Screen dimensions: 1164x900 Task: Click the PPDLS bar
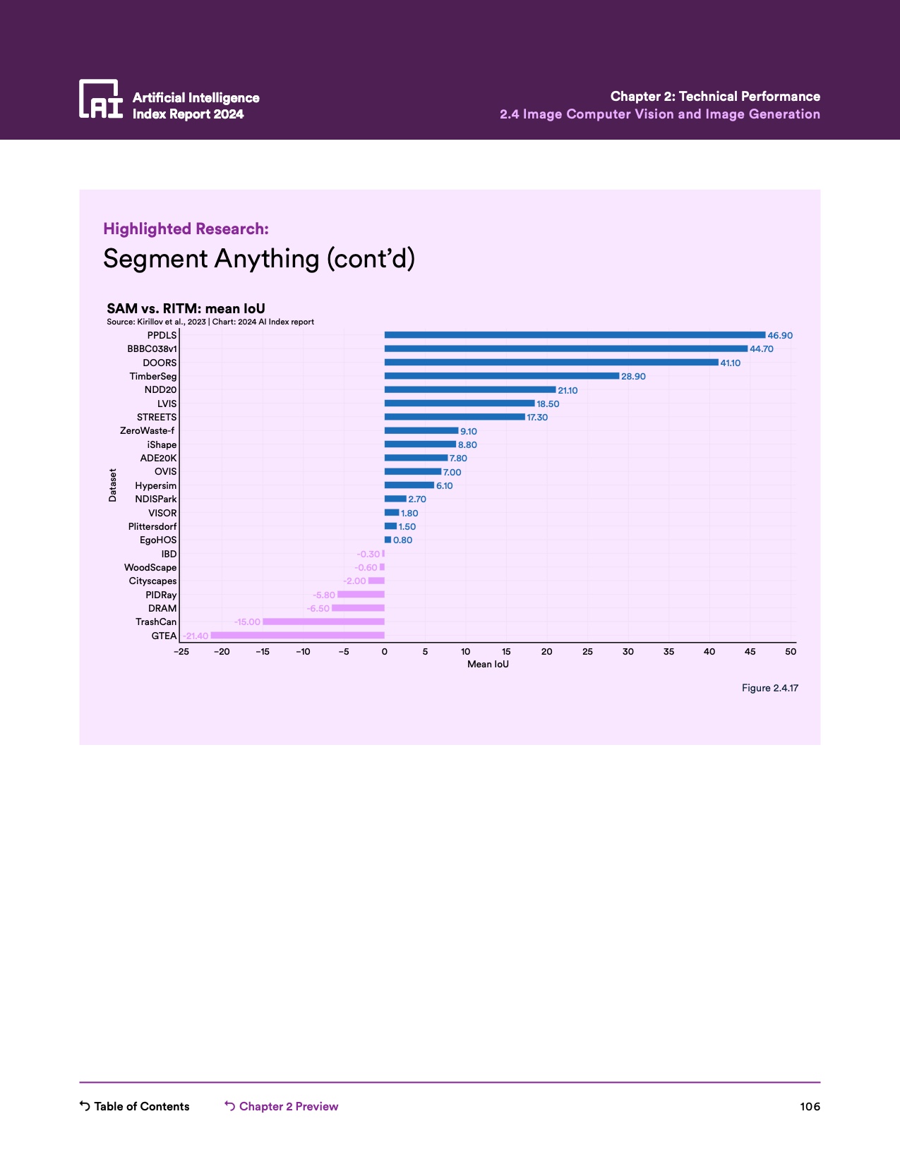[575, 335]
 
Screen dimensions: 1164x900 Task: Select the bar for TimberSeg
[501, 376]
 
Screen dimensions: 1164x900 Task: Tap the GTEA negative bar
[297, 636]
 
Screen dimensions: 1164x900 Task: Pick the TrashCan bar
[323, 622]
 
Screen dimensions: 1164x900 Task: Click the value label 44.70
[762, 349]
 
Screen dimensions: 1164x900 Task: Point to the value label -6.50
[318, 609]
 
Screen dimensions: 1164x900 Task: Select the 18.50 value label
[548, 404]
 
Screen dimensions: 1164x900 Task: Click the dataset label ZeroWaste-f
[148, 431]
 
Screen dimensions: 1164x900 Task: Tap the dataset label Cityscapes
[152, 581]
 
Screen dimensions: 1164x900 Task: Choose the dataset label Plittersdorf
[152, 527]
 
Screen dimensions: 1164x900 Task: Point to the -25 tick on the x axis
[181, 652]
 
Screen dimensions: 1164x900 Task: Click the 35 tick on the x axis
[668, 652]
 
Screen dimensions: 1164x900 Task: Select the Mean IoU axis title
[488, 665]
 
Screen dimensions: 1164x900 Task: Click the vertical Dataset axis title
[113, 485]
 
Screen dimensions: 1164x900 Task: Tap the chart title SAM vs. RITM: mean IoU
[186, 308]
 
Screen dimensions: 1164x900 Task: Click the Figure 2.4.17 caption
[769, 688]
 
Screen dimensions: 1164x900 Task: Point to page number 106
[810, 1106]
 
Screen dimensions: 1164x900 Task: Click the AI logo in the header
[101, 99]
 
